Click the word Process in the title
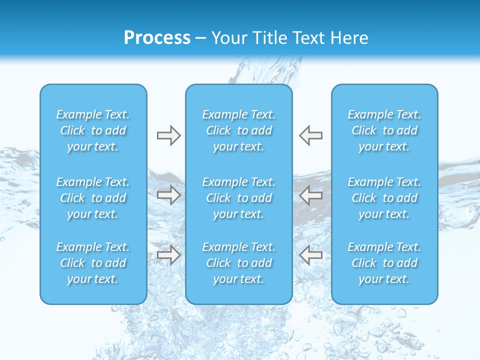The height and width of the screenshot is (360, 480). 157,38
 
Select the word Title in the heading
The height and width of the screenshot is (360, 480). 270,38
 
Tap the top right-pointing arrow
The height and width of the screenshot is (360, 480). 169,135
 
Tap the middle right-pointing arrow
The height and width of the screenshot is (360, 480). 169,195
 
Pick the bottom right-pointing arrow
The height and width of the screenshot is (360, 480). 169,255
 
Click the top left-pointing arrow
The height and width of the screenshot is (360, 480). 310,135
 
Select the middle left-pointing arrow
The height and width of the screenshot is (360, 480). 310,195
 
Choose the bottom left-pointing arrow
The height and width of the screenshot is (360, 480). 310,255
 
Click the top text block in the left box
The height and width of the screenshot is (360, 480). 93,130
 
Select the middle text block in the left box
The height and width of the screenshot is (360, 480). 93,198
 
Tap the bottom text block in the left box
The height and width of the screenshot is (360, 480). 93,263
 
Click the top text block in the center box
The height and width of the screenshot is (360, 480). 239,130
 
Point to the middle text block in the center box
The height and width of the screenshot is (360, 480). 239,198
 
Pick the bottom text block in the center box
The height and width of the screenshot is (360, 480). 239,263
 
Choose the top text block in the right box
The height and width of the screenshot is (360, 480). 384,130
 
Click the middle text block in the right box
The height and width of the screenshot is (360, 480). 384,198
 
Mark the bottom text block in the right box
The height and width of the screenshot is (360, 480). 384,263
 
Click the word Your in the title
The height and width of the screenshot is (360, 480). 228,38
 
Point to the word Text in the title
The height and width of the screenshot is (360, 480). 309,38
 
